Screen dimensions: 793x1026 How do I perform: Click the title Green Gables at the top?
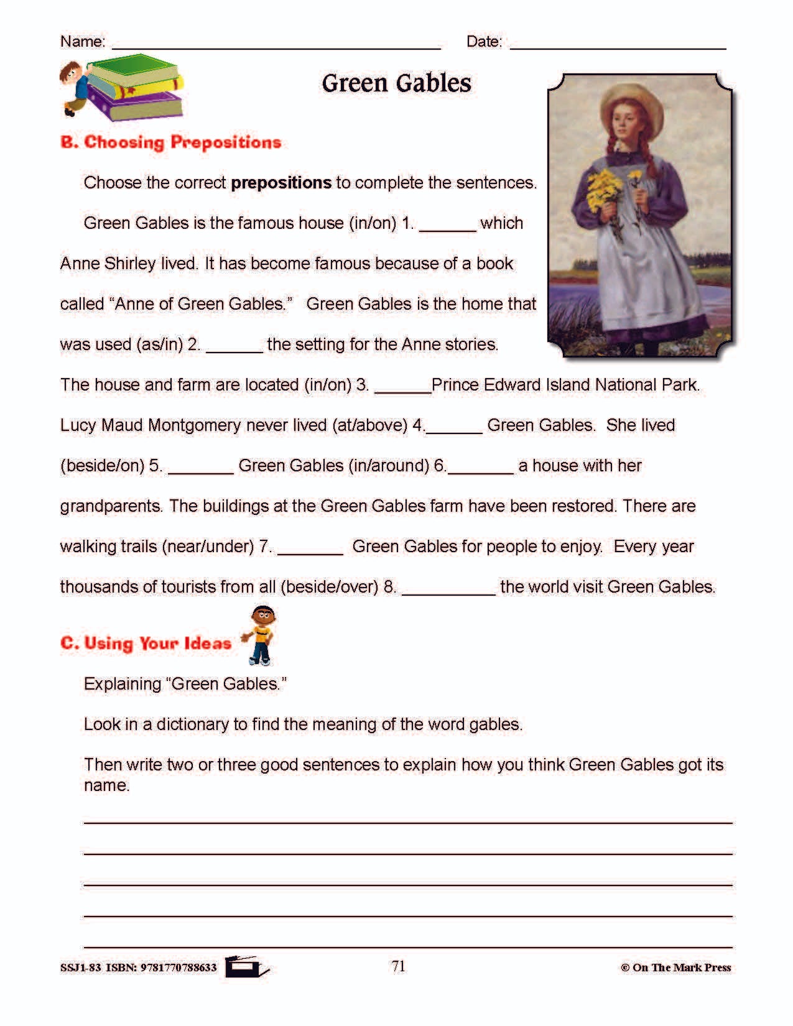[x=396, y=83]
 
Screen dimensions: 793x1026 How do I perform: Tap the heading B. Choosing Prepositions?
[x=170, y=142]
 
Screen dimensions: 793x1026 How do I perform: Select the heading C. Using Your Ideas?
[x=146, y=643]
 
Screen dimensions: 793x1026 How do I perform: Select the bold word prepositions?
[x=281, y=183]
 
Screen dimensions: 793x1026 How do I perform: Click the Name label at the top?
[x=82, y=42]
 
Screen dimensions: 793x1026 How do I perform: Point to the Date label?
[x=484, y=42]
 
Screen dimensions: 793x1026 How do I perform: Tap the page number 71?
[x=399, y=966]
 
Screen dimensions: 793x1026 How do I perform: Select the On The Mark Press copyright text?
[x=675, y=968]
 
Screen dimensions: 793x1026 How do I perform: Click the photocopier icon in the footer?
[x=246, y=967]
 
